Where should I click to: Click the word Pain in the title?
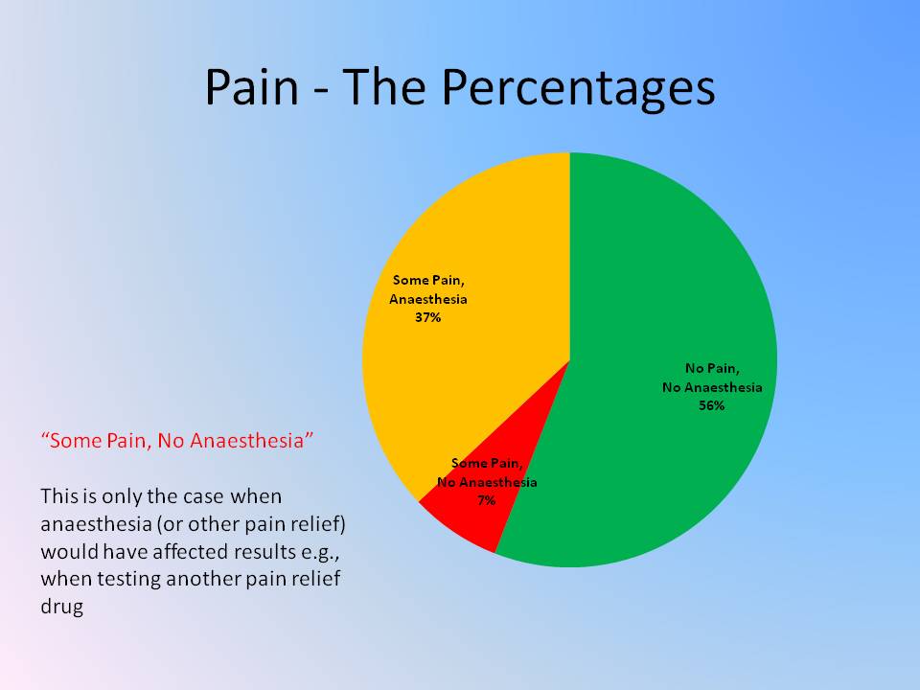(x=252, y=87)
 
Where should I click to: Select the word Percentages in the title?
(x=578, y=89)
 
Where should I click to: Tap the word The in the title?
(x=383, y=86)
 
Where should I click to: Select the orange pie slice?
(x=470, y=305)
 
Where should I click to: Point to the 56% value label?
(x=712, y=405)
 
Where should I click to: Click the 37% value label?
(x=427, y=317)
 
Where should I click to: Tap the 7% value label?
(x=487, y=500)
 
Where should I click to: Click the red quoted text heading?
(x=177, y=440)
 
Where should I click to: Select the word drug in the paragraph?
(x=61, y=606)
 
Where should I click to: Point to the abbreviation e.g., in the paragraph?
(x=321, y=553)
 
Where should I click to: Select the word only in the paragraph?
(x=122, y=497)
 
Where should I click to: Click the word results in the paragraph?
(x=264, y=552)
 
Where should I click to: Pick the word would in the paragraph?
(x=69, y=552)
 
